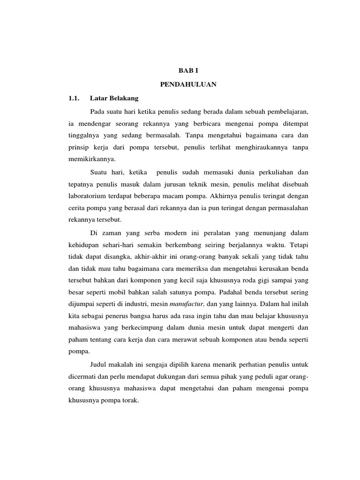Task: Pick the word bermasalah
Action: click(163, 135)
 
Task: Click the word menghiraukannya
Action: click(260, 147)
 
